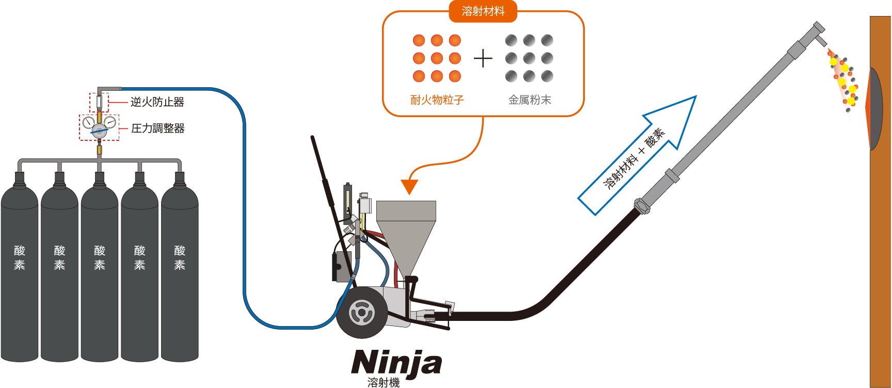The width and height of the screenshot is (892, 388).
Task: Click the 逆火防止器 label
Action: click(157, 102)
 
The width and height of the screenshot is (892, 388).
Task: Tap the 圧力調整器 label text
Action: click(157, 128)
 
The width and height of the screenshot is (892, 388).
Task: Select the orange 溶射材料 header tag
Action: click(483, 11)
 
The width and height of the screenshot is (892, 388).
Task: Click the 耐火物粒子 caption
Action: click(437, 100)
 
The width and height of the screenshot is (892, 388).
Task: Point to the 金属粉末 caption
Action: click(530, 100)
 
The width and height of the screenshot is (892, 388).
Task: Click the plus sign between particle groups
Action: click(483, 58)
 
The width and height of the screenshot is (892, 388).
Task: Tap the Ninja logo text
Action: click(396, 362)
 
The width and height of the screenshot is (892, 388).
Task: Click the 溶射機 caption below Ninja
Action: click(384, 382)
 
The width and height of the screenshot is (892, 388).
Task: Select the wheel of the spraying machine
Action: click(362, 312)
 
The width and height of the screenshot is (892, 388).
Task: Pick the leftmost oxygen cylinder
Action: click(20, 268)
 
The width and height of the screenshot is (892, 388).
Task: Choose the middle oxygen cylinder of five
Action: click(100, 268)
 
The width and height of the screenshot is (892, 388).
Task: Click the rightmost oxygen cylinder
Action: click(180, 268)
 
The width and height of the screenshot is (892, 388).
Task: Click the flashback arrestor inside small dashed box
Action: click(99, 102)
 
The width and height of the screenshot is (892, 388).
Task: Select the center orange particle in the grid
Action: click(437, 58)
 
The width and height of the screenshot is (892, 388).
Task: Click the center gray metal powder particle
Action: click(529, 58)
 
